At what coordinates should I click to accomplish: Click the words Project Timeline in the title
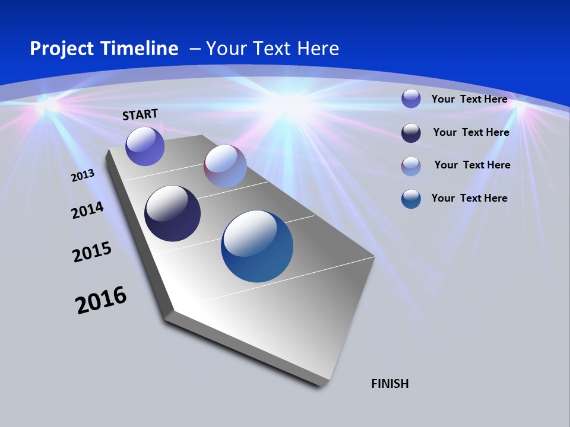pos(104,49)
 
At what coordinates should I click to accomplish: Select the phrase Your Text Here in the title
pos(273,49)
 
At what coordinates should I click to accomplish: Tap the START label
pos(140,114)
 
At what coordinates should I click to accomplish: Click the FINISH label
pos(389,384)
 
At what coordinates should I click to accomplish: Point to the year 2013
pos(83,176)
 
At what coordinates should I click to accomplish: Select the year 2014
pos(88,210)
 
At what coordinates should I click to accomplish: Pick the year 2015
pos(92,252)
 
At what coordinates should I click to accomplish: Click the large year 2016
pos(101,300)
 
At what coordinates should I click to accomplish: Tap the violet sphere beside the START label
pos(145,146)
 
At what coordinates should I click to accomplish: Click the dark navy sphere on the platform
pos(172,213)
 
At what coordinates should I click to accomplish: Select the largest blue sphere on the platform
pos(257,246)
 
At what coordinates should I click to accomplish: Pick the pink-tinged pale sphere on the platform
pos(225,166)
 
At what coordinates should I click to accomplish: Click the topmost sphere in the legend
pos(411,98)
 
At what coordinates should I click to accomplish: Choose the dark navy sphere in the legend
pos(411,133)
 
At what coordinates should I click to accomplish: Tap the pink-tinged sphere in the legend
pos(411,166)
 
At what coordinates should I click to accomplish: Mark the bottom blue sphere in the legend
pos(411,199)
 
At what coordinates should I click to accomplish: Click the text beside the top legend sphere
pos(469,99)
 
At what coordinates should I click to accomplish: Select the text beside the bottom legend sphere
pos(469,198)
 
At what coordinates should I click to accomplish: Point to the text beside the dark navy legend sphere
pos(471,132)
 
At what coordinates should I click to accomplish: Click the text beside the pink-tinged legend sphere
pos(472,165)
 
